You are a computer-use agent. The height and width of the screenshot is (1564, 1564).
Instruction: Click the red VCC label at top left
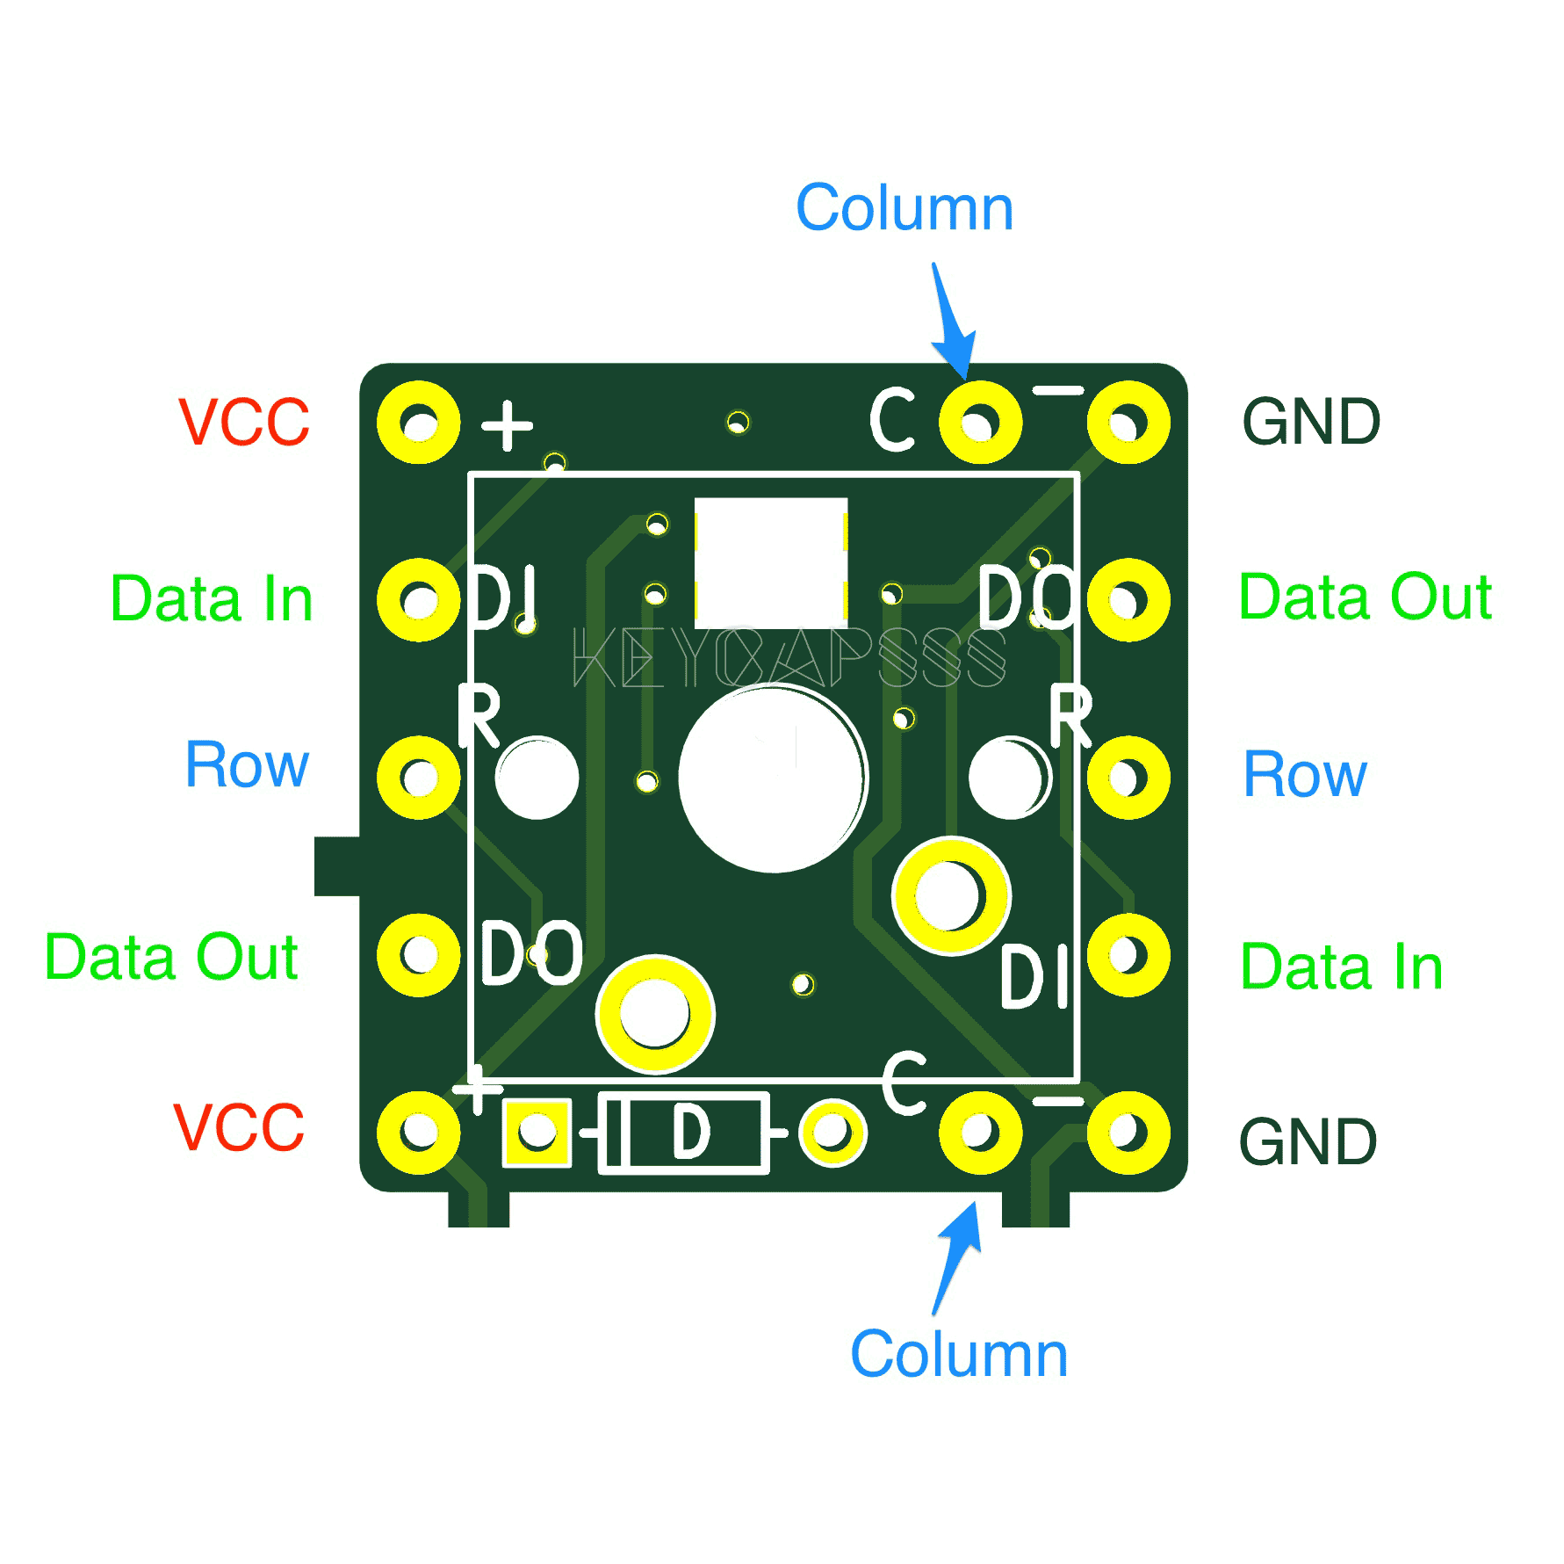(243, 423)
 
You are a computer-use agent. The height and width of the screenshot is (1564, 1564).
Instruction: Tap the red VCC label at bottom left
(238, 1127)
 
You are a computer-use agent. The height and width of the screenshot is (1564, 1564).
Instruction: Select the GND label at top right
(1310, 423)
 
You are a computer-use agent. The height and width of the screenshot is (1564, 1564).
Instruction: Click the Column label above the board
(904, 208)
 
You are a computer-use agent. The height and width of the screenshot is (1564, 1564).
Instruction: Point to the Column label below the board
(958, 1354)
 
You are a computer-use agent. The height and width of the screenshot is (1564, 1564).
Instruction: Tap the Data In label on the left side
(212, 599)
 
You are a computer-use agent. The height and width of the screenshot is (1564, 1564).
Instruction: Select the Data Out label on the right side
(1364, 597)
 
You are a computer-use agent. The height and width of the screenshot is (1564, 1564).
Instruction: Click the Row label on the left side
(247, 764)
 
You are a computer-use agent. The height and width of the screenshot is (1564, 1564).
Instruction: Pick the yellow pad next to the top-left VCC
(419, 423)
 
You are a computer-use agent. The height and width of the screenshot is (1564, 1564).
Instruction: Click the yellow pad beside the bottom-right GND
(1128, 1133)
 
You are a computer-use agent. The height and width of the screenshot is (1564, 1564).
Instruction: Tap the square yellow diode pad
(537, 1133)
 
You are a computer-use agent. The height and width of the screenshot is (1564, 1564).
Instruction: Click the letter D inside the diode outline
(691, 1133)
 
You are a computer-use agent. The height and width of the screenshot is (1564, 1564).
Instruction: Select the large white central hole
(772, 778)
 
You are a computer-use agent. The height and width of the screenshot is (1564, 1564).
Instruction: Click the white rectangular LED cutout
(770, 562)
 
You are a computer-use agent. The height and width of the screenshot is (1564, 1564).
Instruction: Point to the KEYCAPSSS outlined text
(788, 657)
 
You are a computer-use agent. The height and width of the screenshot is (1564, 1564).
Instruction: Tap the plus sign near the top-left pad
(507, 426)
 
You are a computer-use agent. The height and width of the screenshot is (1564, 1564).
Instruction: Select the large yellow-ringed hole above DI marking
(951, 896)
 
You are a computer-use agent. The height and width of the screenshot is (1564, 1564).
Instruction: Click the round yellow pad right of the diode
(832, 1133)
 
